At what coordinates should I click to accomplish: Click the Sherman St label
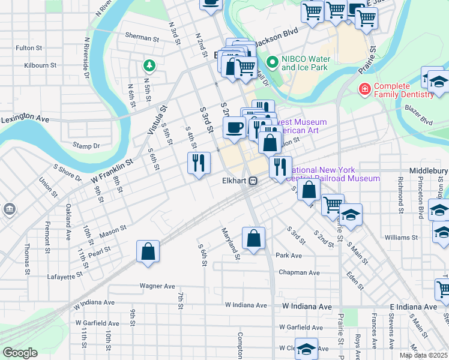pyautogui.click(x=139, y=37)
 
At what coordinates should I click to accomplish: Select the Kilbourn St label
pyautogui.click(x=40, y=65)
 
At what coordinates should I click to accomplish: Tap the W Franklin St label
pyautogui.click(x=112, y=171)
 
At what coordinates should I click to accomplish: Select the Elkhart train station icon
pyautogui.click(x=253, y=180)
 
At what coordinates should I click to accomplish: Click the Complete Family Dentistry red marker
pyautogui.click(x=364, y=90)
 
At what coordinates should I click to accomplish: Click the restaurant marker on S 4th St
pyautogui.click(x=199, y=163)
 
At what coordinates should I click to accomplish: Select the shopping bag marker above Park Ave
pyautogui.click(x=254, y=238)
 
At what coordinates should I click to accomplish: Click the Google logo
pyautogui.click(x=20, y=353)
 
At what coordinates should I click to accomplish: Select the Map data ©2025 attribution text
pyautogui.click(x=423, y=355)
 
